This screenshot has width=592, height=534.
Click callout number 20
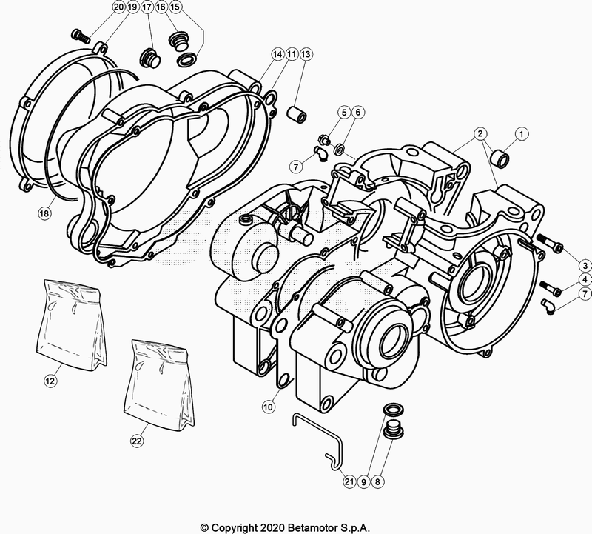tap(119, 7)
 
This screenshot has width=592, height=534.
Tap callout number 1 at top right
tap(522, 134)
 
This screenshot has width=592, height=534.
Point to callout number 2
tap(480, 134)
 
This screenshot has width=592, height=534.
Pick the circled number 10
tap(267, 406)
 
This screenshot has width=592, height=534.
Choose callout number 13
tap(306, 54)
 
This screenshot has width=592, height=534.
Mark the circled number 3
tap(585, 265)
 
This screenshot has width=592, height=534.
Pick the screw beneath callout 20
tap(80, 34)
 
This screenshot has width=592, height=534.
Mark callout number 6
tap(358, 112)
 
